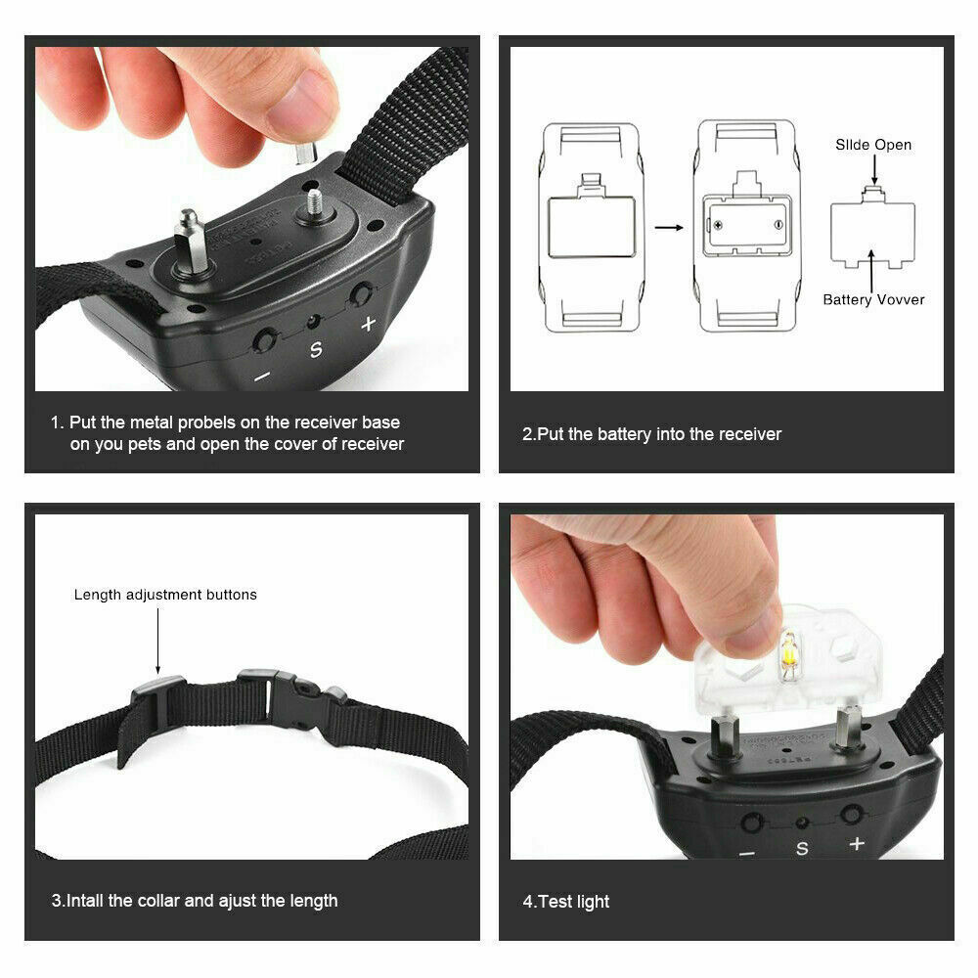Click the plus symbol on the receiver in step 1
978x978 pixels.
point(368,323)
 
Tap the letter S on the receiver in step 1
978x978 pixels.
point(316,350)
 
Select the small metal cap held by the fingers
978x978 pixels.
point(306,153)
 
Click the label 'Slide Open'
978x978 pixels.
point(873,145)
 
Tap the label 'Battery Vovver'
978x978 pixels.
point(873,299)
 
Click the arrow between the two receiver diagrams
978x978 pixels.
point(669,228)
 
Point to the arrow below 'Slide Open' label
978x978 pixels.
point(873,169)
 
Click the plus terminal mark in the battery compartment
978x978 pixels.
point(718,225)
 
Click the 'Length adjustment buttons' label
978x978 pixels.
point(165,595)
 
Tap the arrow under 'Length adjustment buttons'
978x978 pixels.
point(157,642)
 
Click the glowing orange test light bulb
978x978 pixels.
point(788,654)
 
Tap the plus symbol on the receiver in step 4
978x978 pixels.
point(857,843)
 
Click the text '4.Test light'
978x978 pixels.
point(565,902)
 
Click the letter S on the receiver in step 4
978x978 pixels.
point(802,848)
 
